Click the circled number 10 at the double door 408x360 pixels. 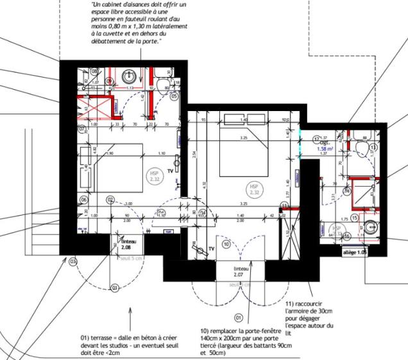tap(226, 244)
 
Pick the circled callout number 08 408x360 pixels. tap(94, 71)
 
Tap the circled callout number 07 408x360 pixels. tap(82, 129)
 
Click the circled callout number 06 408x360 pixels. tap(83, 200)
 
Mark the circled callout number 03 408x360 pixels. tap(73, 261)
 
